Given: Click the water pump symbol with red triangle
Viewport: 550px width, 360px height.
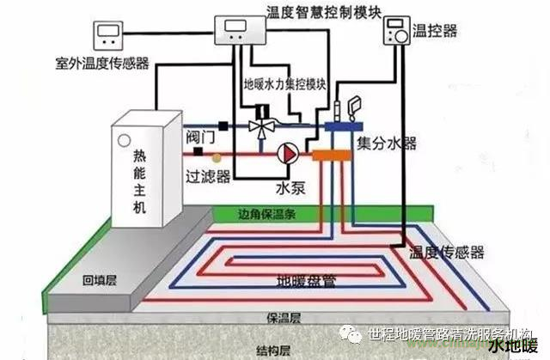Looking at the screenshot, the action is (x=288, y=154).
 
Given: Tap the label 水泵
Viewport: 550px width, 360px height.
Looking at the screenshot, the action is (x=290, y=188).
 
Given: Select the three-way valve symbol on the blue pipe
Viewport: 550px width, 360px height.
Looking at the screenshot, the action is (x=261, y=126).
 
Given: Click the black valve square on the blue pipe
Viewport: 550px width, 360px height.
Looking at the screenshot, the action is (x=223, y=125).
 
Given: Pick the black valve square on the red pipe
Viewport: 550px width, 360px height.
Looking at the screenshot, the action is (x=199, y=151).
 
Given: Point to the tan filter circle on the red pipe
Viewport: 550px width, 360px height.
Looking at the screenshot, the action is (x=217, y=158).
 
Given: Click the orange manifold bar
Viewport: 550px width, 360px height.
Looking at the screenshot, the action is (x=332, y=155).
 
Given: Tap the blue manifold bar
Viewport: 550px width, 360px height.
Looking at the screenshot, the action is (x=344, y=126).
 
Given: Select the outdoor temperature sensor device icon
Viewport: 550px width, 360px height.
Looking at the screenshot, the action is (x=108, y=35).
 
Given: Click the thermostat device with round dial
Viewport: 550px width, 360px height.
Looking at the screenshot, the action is (x=397, y=31).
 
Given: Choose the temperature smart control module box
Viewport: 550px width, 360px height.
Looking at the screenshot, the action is (x=240, y=30).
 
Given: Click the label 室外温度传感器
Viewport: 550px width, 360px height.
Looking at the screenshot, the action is (x=102, y=64).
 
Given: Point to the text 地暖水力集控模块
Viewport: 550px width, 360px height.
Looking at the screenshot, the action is (x=285, y=84).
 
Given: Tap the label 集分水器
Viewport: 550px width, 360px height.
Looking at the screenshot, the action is (x=387, y=143).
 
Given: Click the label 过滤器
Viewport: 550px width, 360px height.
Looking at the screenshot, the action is (x=208, y=176).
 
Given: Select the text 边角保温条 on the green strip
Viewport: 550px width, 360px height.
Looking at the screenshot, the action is (x=267, y=214).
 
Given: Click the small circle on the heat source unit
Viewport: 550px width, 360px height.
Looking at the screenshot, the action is (x=124, y=140).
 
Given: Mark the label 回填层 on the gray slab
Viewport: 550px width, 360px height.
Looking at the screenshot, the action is (x=100, y=280).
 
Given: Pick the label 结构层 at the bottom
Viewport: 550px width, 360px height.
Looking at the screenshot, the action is (x=273, y=351).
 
